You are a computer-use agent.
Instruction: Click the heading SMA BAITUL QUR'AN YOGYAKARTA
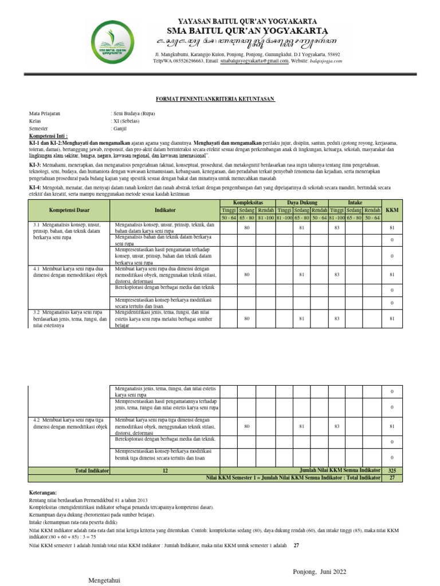(247, 30)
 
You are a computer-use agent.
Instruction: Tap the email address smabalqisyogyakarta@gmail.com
(254, 60)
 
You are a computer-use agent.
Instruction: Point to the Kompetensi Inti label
(48, 136)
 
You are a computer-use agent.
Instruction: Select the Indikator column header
(165, 210)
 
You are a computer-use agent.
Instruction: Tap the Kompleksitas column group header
(247, 203)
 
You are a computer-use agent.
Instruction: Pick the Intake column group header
(355, 203)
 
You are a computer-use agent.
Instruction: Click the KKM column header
(392, 210)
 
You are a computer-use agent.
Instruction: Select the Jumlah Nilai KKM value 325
(392, 470)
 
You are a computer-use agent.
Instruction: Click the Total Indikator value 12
(165, 470)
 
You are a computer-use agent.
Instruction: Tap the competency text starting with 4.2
(70, 423)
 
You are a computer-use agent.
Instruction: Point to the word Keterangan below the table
(44, 492)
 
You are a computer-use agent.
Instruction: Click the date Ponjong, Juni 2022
(319, 572)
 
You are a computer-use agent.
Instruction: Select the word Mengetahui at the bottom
(104, 580)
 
